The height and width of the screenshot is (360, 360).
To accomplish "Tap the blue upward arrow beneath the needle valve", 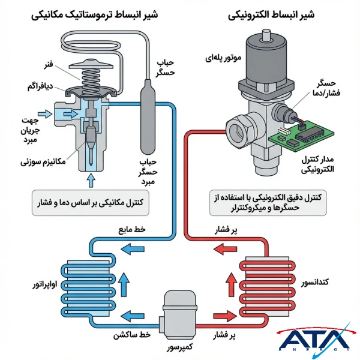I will (91, 179).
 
